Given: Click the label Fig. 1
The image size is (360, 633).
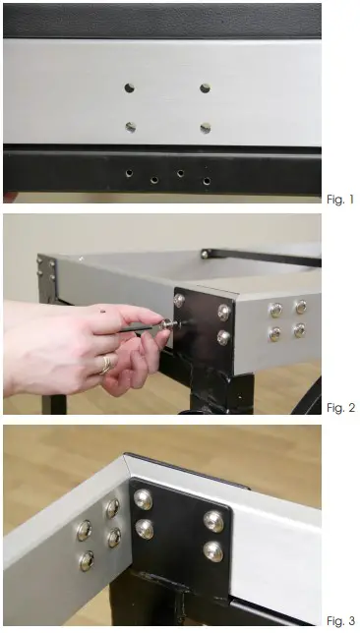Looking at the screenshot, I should (339, 200).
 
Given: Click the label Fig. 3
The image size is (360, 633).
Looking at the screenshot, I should (339, 620).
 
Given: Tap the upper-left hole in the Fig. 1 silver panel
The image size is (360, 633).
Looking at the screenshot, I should (129, 87).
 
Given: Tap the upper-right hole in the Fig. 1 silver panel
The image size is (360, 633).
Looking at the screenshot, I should (205, 87).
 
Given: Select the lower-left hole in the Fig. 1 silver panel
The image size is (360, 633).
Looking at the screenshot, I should (130, 126).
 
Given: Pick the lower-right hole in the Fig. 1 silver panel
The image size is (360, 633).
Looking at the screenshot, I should (206, 127).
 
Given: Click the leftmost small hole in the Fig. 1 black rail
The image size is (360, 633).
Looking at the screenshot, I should (129, 173).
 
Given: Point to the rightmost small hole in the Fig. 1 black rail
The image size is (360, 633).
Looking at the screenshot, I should (207, 181).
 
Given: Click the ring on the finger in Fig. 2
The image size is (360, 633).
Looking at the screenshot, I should (102, 367).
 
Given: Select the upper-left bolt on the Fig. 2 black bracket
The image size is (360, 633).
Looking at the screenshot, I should (179, 300).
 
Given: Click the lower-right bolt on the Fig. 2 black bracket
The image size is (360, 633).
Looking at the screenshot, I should (224, 337).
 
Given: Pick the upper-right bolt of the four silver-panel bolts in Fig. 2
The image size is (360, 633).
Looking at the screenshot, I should (300, 307).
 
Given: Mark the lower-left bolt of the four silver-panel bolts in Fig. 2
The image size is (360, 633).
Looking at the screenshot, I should (275, 333).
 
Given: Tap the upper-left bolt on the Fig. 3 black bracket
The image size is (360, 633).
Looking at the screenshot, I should (143, 498).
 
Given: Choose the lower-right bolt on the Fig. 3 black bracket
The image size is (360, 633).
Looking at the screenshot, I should (213, 551).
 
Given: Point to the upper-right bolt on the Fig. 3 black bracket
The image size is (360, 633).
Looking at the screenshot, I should (213, 520).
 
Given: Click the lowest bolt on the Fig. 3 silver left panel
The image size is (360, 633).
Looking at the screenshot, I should (87, 560).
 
